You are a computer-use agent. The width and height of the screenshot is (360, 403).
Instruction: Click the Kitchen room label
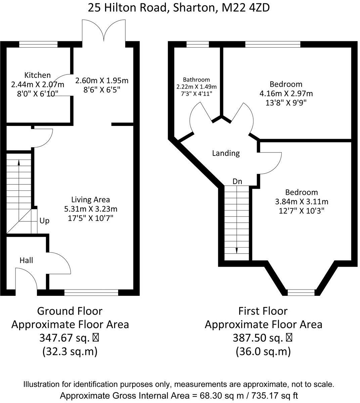37,75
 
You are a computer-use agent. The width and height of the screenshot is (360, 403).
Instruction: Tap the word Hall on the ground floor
26,260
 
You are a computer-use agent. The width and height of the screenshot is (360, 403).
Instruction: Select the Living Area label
90,199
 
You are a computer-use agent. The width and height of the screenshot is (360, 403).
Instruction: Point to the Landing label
226,153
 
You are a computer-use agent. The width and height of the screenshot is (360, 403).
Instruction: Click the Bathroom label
196,80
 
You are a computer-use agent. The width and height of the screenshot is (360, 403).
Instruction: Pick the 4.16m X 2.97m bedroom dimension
286,93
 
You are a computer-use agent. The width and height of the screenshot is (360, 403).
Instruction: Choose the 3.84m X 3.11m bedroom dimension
302,202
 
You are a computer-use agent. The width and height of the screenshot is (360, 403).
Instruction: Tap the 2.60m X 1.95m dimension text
102,81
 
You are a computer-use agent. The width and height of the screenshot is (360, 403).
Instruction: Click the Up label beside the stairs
44,221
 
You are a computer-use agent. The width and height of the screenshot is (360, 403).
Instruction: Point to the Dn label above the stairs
237,181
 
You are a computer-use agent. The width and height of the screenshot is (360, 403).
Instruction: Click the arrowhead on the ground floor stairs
19,162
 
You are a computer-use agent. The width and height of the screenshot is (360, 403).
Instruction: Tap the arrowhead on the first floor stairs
237,251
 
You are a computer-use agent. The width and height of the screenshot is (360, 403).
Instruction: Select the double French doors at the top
104,31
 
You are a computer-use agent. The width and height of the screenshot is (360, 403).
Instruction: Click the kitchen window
38,44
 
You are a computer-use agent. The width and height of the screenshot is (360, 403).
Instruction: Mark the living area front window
91,293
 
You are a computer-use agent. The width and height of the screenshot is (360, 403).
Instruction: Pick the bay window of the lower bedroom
301,293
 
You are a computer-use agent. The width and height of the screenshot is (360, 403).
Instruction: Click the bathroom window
198,44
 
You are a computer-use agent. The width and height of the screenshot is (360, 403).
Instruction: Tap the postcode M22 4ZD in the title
245,8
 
